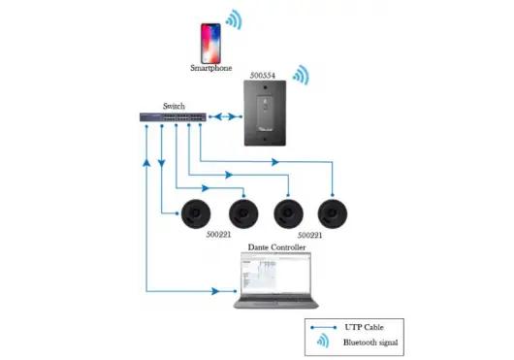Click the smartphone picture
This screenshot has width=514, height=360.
(209, 43)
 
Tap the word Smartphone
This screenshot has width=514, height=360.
(210, 69)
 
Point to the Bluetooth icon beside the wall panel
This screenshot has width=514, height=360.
(302, 76)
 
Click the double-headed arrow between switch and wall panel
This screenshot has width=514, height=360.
(225, 117)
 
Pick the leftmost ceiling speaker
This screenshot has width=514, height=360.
(196, 213)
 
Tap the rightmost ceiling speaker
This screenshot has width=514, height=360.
(335, 213)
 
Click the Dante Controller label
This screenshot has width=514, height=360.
(277, 248)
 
